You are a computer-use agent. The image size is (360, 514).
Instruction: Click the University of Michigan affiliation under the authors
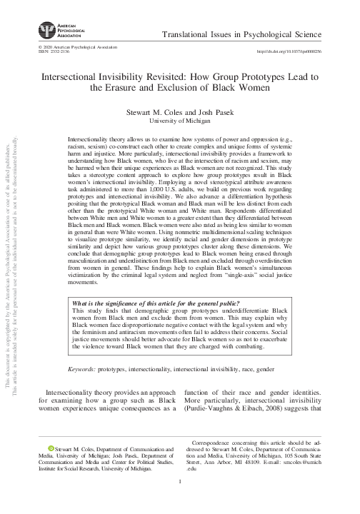(x=180, y=121)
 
